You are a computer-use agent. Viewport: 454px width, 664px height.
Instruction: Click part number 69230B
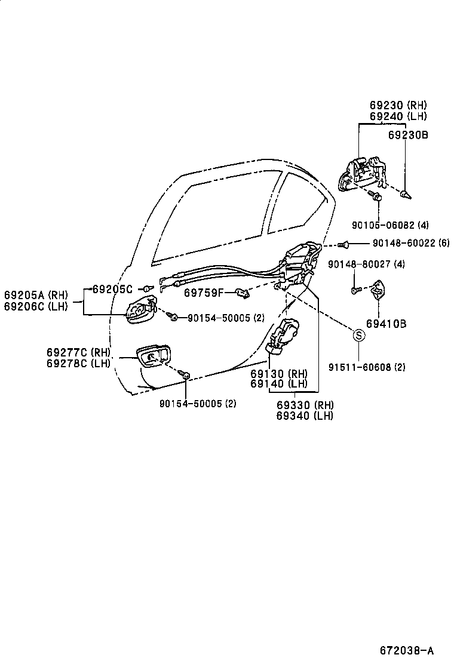(407, 135)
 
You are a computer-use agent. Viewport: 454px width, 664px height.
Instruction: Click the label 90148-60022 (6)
(410, 243)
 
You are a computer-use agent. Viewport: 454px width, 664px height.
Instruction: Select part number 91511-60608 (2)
(367, 367)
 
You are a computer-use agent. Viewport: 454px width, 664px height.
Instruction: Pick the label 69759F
(203, 293)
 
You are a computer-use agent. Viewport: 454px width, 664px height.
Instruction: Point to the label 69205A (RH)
(36, 294)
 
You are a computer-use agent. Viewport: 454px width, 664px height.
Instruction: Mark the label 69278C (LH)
(78, 363)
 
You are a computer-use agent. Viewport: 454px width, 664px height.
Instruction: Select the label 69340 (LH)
(305, 416)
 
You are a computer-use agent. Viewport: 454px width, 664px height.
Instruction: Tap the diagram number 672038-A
(406, 650)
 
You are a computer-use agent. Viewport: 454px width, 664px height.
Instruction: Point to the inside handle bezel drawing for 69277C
(154, 356)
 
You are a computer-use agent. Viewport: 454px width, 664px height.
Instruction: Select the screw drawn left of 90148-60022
(343, 244)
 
